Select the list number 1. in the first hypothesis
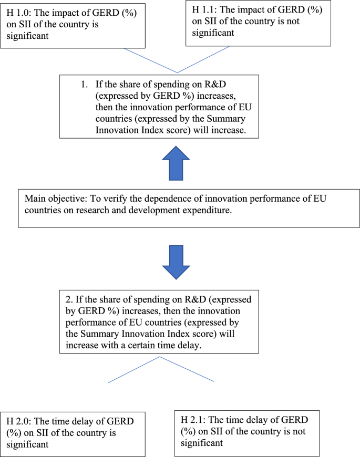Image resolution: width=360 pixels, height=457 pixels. [84, 84]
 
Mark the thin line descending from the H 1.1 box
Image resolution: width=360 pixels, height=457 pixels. [204, 61]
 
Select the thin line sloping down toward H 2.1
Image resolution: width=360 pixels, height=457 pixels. [187, 369]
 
